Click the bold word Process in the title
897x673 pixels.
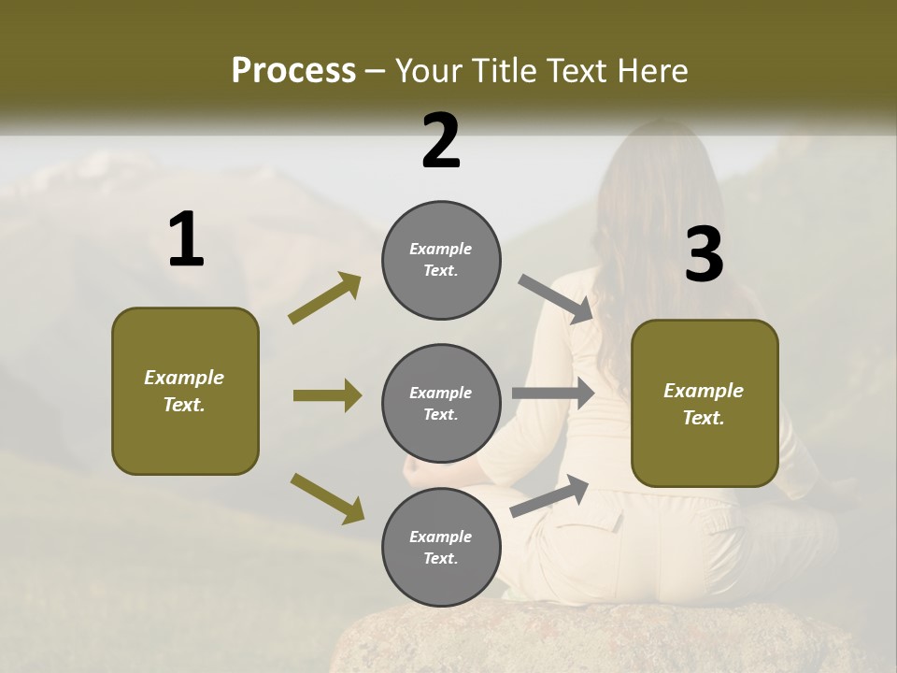(x=293, y=71)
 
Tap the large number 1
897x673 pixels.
(x=186, y=240)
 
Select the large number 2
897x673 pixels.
(x=441, y=140)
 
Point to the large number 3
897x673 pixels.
(x=704, y=254)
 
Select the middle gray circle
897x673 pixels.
(x=441, y=403)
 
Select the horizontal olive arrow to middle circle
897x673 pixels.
(x=327, y=395)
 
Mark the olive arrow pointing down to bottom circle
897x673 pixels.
(x=327, y=497)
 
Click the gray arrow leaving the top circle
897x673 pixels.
(x=555, y=299)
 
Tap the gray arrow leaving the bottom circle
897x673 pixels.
(x=549, y=495)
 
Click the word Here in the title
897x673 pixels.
(x=651, y=71)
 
